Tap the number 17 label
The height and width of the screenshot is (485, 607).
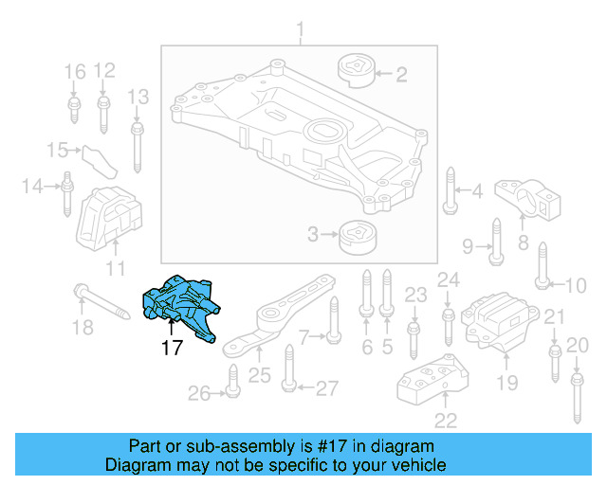click(x=171, y=348)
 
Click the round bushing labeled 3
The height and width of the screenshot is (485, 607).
click(x=357, y=234)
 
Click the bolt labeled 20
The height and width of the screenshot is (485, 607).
click(x=575, y=397)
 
